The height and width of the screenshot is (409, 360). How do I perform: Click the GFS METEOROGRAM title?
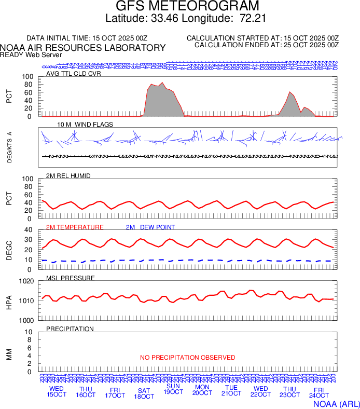[x=187, y=7]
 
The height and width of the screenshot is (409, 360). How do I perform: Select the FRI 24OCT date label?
[x=319, y=393]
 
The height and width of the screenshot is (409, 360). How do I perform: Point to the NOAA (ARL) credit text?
[x=336, y=403]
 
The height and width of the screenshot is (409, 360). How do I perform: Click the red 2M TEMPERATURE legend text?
[x=75, y=227]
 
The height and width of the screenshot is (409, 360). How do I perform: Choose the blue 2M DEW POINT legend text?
[x=150, y=227]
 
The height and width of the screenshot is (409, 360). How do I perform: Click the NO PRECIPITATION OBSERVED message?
[x=187, y=358]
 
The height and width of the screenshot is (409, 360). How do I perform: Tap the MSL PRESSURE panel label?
[x=71, y=278]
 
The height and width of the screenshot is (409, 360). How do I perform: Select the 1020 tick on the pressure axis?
[x=26, y=281]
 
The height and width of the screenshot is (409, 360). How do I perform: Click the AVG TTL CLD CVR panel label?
[x=74, y=74]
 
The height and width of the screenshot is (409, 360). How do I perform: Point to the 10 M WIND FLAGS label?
[x=85, y=125]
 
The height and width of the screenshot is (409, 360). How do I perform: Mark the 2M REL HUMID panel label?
[x=68, y=176]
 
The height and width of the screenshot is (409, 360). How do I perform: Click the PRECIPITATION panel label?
[x=70, y=329]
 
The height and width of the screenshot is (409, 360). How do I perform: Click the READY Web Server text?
[x=31, y=55]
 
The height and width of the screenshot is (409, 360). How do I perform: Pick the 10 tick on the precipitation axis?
[x=29, y=332]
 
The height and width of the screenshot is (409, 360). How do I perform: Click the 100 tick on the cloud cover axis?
[x=27, y=77]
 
